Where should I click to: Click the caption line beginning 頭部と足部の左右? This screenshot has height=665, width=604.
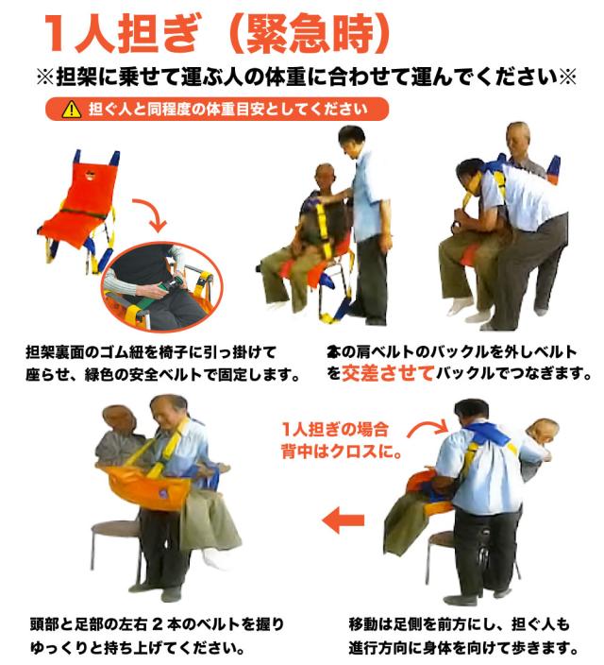[156, 624]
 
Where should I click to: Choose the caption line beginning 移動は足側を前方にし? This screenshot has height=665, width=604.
[461, 624]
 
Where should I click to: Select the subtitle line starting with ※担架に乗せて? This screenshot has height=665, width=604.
[302, 77]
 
